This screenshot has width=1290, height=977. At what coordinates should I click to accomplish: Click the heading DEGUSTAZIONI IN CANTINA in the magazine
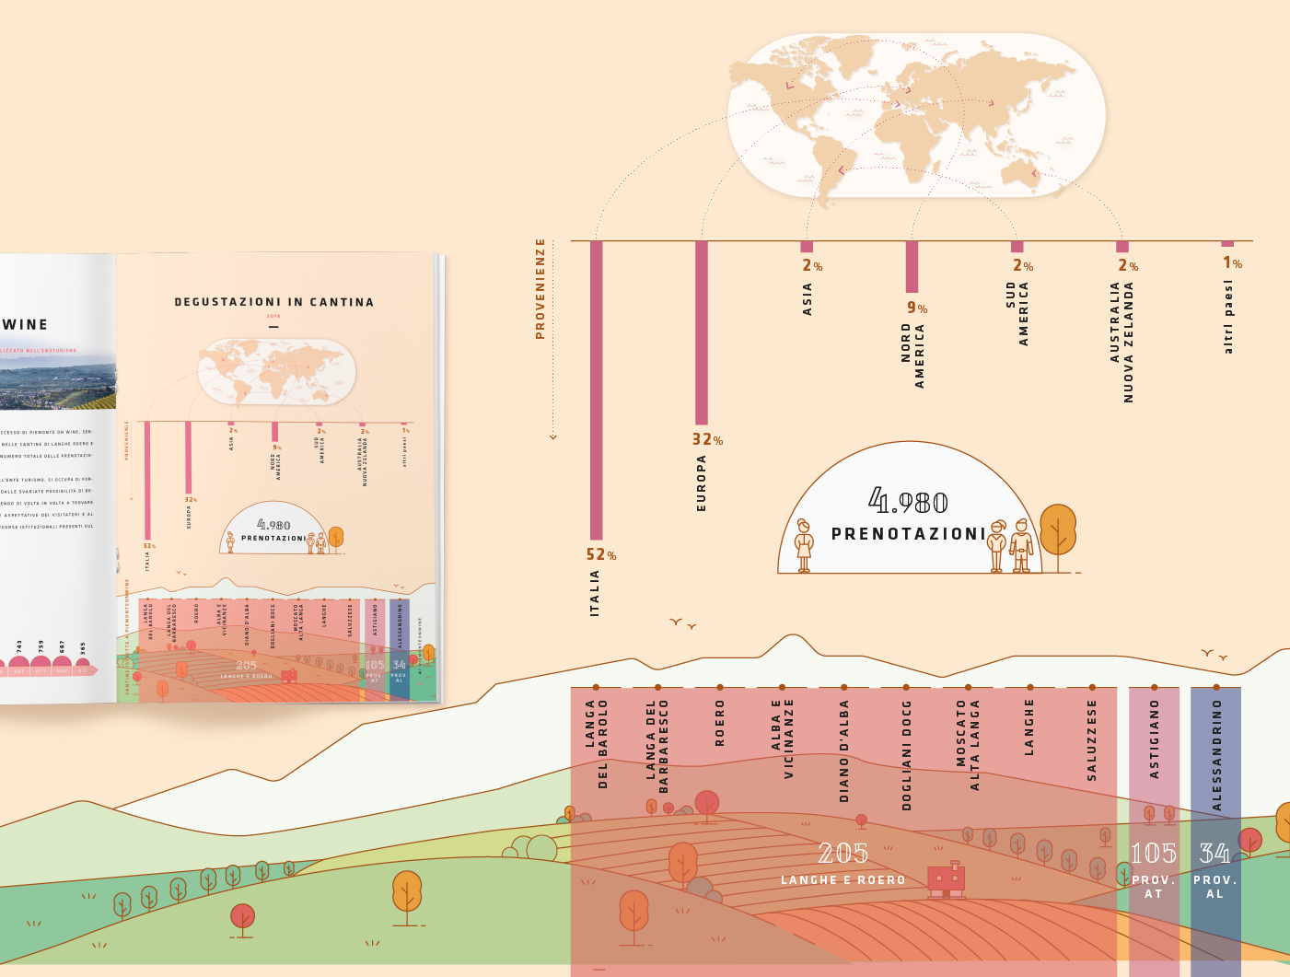pos(273,302)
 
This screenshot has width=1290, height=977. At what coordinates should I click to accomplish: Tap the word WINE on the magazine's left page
pos(25,324)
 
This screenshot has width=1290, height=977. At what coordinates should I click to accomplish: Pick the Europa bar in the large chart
pos(702,331)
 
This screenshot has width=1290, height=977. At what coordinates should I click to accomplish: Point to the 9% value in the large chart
pos(916,308)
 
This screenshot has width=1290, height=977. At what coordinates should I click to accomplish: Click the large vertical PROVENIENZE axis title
pos(540,289)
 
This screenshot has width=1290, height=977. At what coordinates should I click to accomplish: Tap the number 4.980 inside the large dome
pos(908,502)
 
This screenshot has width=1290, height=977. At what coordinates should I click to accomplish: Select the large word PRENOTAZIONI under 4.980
pos(908,534)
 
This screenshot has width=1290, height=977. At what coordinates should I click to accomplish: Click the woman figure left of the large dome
pos(804,545)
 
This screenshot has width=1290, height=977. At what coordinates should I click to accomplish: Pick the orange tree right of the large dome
pos(1058,532)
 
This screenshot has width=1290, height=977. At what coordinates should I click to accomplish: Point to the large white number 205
pos(843,854)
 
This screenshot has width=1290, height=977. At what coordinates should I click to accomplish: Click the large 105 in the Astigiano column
pos(1154,854)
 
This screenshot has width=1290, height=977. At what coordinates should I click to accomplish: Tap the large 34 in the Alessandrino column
pos(1214,854)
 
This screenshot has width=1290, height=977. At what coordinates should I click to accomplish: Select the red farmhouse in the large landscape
pos(947,879)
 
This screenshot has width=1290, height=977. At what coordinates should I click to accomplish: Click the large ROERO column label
pos(720,723)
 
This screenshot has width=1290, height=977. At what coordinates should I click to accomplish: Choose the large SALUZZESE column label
pos(1092,740)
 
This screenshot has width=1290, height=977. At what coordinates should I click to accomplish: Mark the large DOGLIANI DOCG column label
pos(906,755)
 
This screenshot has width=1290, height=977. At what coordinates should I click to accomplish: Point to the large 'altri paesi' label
pos(1227,317)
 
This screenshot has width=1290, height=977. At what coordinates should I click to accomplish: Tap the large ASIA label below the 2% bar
pos(808,299)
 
